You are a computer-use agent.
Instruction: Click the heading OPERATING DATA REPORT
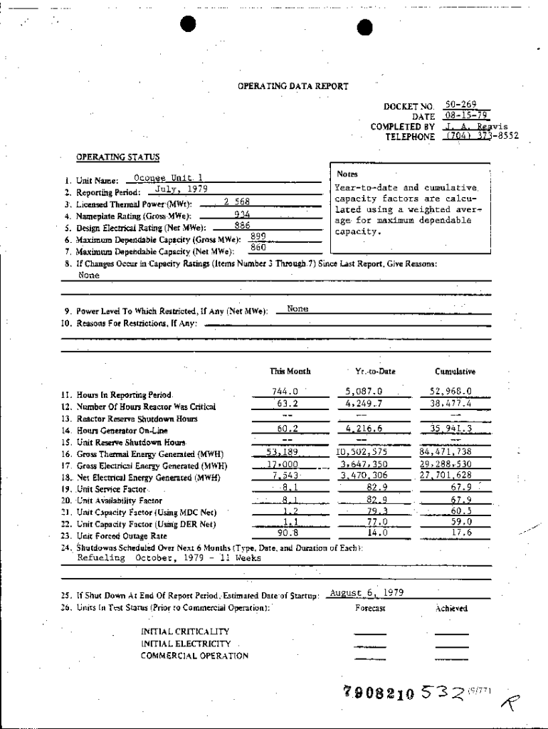click(293, 86)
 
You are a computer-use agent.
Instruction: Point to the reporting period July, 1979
click(176, 189)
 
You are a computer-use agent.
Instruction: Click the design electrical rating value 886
click(242, 225)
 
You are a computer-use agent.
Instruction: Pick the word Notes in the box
click(347, 174)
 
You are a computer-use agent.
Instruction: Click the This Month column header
click(290, 372)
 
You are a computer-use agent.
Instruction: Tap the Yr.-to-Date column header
click(375, 372)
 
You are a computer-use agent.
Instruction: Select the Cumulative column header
click(455, 372)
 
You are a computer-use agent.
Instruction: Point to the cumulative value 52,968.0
click(450, 391)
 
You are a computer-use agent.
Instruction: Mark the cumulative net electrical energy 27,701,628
click(446, 475)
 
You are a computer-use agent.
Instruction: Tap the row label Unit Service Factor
click(112, 489)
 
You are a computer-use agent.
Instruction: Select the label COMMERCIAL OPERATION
click(194, 656)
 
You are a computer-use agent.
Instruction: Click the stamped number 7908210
click(379, 693)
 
